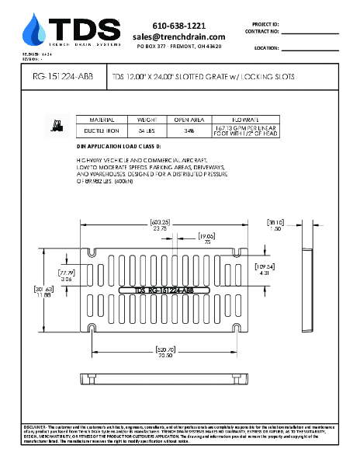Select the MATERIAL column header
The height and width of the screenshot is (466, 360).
[102, 121]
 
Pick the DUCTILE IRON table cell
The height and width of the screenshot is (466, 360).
[102, 132]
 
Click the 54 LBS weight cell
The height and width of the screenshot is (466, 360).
[147, 132]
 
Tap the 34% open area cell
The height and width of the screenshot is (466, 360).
[189, 132]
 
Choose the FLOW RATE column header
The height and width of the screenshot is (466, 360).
[244, 121]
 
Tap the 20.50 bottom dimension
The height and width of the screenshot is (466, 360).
[164, 356]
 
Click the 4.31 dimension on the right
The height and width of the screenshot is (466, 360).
[265, 273]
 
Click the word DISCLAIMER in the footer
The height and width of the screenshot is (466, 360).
[36, 427]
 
